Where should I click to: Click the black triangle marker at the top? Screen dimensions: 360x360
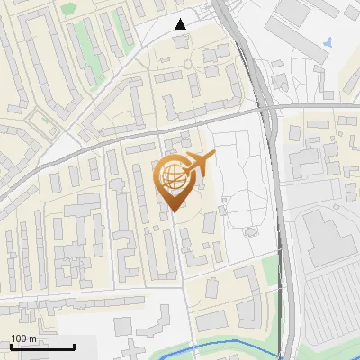pyautogui.click(x=181, y=24)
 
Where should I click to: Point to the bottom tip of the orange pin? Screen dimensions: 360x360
pyautogui.click(x=174, y=211)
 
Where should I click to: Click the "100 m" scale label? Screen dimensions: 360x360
pyautogui.click(x=23, y=337)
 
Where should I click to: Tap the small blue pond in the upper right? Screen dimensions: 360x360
pyautogui.click(x=328, y=40)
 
